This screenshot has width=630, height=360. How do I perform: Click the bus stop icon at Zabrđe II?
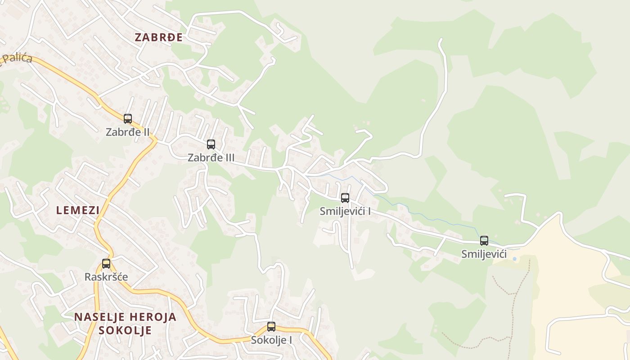click(x=128, y=119)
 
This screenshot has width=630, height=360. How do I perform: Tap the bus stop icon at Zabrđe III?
click(x=211, y=144)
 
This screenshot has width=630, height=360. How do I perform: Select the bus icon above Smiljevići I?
click(x=345, y=198)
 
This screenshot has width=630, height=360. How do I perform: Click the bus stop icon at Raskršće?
click(x=106, y=264)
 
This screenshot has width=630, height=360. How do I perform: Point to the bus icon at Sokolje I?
click(x=271, y=327)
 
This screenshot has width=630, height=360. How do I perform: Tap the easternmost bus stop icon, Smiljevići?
click(x=484, y=241)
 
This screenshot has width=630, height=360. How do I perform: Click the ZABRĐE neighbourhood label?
click(x=158, y=37)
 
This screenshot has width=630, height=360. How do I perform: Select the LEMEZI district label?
click(x=78, y=210)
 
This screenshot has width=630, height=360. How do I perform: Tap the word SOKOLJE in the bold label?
click(x=125, y=330)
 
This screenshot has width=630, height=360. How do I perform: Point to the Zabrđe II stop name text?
click(x=128, y=132)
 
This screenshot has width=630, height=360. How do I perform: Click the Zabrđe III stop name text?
click(x=211, y=158)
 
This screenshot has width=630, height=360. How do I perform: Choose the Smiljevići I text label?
click(x=345, y=211)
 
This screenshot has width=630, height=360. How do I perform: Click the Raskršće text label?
click(x=106, y=277)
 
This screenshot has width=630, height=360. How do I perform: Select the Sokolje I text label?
click(x=271, y=340)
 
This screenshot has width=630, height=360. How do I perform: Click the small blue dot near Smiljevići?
click(x=514, y=259)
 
